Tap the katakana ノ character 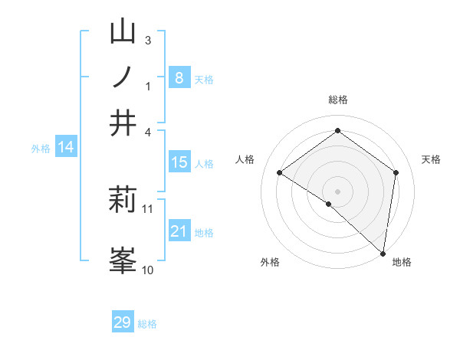pos(123,77)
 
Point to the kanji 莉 pos(123,200)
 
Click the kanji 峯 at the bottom pos(123,260)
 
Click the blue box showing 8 pos(179,77)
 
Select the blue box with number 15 pos(179,162)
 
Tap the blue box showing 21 pos(179,231)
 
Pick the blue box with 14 pos(66,147)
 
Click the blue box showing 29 pos(123,322)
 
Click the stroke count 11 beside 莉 pos(148,208)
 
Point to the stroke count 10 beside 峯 pos(148,270)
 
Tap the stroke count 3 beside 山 pos(148,40)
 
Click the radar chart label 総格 pos(337,100)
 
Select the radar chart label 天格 pos(431,159)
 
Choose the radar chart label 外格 pos(270,262)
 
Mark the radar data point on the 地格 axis pos(383,252)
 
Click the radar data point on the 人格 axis pos(280,173)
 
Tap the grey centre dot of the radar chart pos(337,191)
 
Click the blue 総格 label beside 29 pos(147,324)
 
